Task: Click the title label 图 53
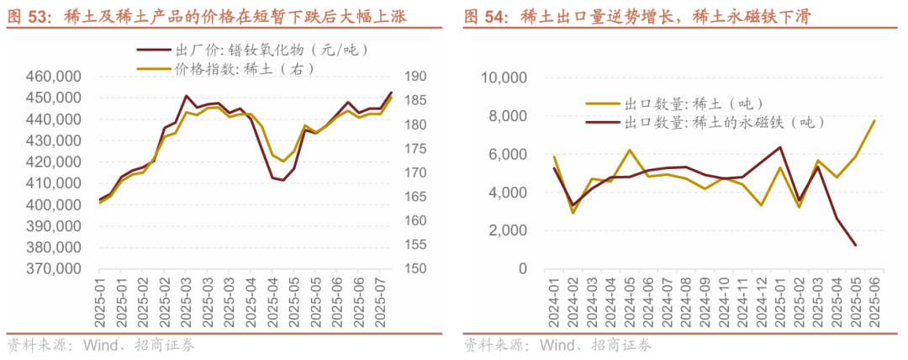tap(30, 16)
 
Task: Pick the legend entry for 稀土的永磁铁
tap(723, 123)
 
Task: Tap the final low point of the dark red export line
tap(856, 245)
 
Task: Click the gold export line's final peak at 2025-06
tap(874, 120)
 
